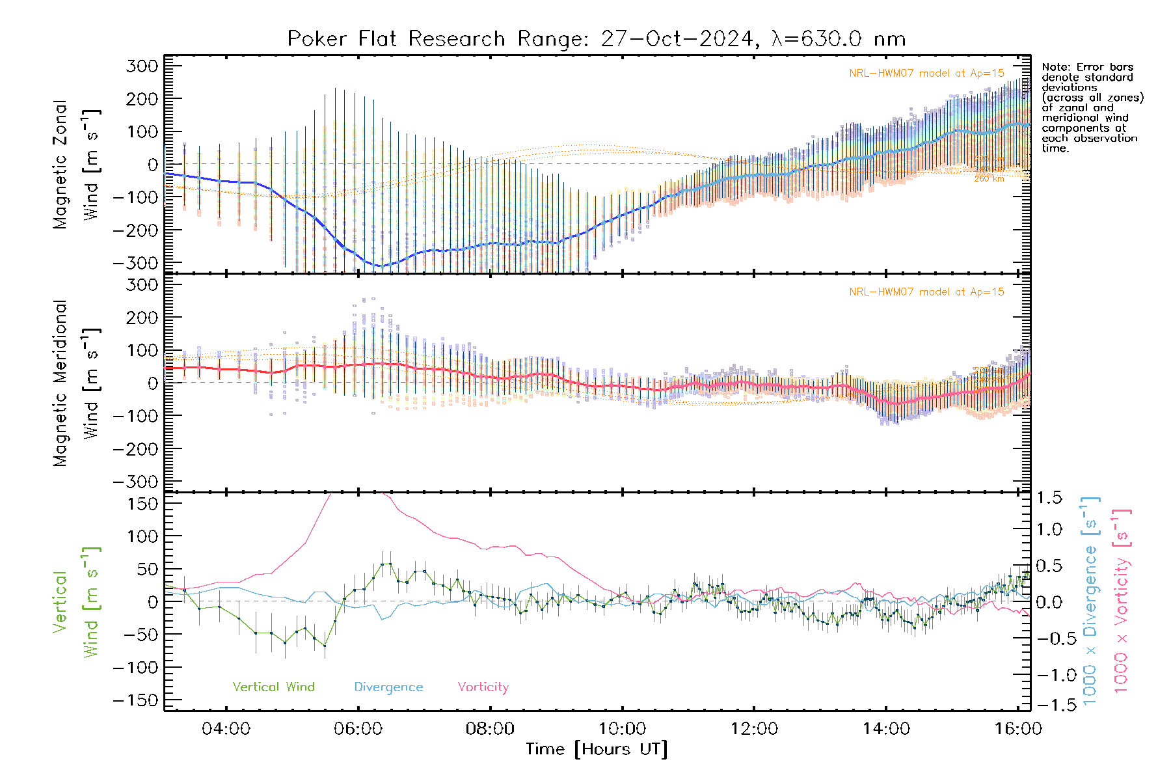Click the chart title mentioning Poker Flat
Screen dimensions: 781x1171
click(x=596, y=39)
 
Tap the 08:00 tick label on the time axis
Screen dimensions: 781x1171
click(x=490, y=729)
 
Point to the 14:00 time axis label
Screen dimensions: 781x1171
click(x=886, y=729)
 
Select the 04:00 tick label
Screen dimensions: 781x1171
click(x=226, y=729)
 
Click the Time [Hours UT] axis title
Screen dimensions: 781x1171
click(x=597, y=749)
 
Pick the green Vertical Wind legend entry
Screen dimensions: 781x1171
click(x=273, y=687)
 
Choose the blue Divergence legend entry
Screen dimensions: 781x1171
click(x=388, y=687)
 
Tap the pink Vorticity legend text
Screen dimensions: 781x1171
click(x=483, y=687)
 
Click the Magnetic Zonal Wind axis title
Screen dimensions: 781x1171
click(x=76, y=164)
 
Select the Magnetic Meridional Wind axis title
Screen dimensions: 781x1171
click(x=76, y=383)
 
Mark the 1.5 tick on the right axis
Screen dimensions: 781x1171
click(x=1049, y=498)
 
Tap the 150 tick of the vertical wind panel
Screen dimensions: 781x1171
click(x=143, y=504)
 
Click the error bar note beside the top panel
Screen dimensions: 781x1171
click(x=1092, y=107)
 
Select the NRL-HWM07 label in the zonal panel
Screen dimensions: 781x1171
click(x=926, y=74)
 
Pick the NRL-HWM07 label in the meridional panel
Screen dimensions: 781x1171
click(x=926, y=292)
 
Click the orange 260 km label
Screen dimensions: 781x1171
click(x=989, y=179)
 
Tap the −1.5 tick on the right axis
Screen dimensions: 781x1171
click(x=1047, y=705)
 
